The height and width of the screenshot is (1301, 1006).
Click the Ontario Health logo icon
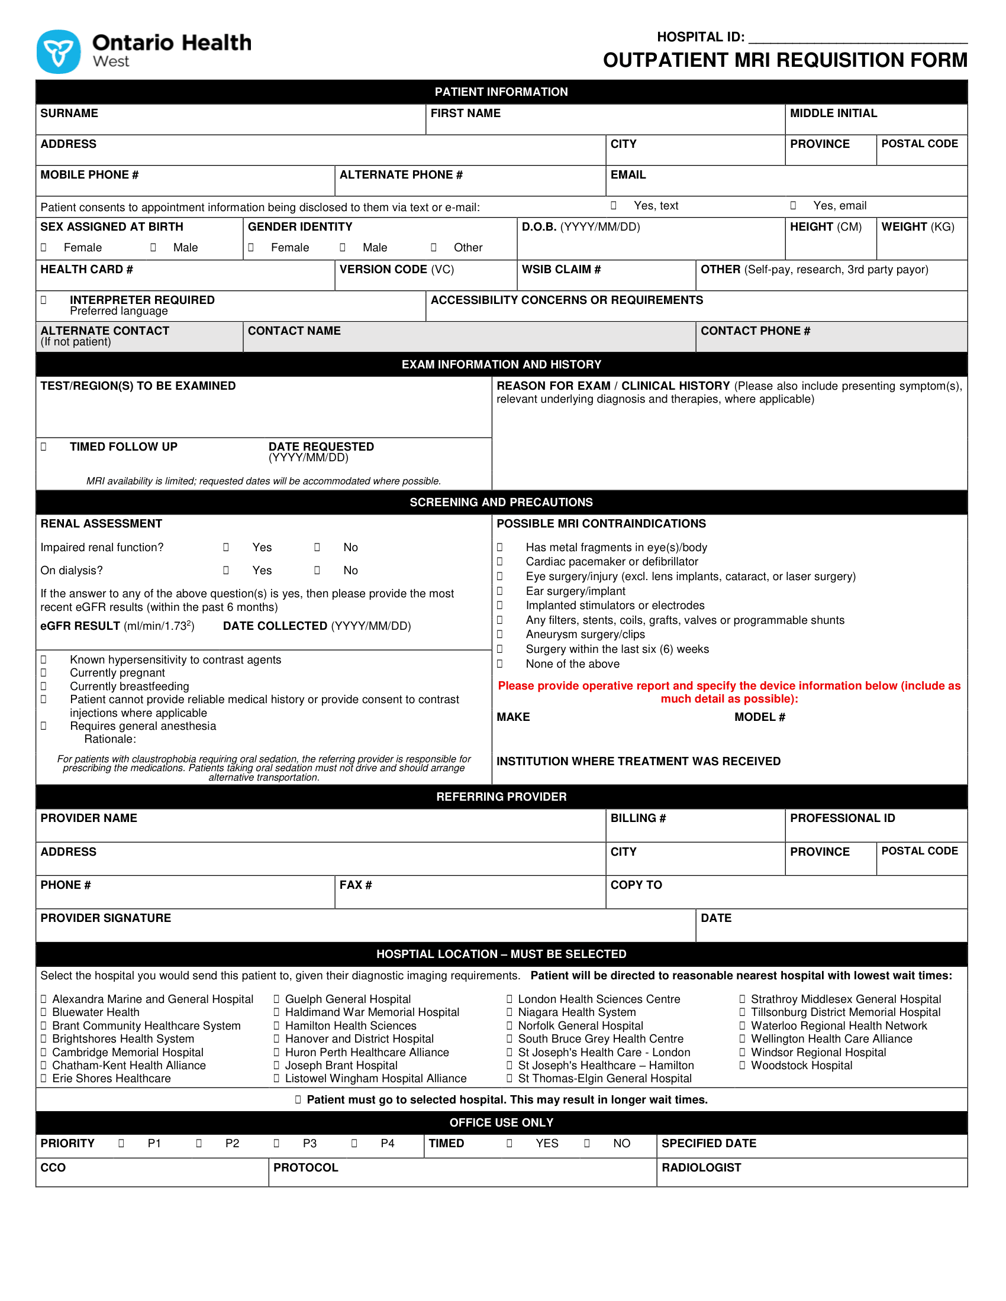[59, 52]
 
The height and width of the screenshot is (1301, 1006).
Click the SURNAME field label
[69, 113]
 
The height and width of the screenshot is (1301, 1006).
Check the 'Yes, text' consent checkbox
[613, 206]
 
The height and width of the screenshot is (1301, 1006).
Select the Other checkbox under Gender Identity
[433, 247]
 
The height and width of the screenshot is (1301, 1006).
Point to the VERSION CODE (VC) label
[396, 269]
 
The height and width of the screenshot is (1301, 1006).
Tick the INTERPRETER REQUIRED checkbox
[44, 300]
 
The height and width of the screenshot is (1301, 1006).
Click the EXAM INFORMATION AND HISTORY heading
[501, 364]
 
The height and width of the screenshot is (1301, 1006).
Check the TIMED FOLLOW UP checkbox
[44, 446]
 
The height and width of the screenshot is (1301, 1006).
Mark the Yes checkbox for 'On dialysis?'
[226, 570]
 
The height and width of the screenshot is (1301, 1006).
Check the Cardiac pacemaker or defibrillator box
[499, 561]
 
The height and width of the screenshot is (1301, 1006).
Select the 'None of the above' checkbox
[499, 664]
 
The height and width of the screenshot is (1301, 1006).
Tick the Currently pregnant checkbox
[44, 672]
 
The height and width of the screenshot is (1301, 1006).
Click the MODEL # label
[759, 717]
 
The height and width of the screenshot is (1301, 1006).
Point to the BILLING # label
[638, 818]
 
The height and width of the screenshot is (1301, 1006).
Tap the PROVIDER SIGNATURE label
[105, 918]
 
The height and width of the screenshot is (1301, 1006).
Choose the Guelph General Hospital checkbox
[276, 999]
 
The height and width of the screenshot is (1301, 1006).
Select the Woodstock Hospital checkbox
[742, 1065]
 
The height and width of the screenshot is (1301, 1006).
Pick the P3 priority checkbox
[276, 1143]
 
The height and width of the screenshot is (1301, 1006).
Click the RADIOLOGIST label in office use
[701, 1167]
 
